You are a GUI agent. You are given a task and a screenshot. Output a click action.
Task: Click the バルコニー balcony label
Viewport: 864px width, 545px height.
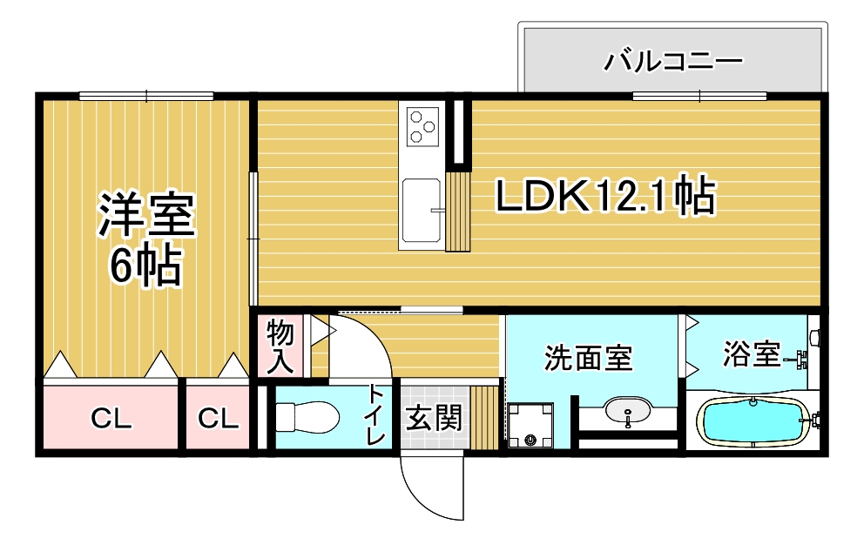pyautogui.click(x=672, y=61)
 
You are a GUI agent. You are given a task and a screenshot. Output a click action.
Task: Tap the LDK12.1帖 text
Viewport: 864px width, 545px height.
pyautogui.click(x=605, y=195)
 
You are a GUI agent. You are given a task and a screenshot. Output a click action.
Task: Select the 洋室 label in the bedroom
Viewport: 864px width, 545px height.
pyautogui.click(x=146, y=214)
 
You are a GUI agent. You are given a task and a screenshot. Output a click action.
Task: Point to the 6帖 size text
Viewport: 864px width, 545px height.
pyautogui.click(x=145, y=265)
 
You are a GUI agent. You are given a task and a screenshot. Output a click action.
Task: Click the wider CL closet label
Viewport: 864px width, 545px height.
pyautogui.click(x=111, y=419)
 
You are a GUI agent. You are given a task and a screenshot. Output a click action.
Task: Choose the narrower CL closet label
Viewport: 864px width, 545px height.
pyautogui.click(x=219, y=419)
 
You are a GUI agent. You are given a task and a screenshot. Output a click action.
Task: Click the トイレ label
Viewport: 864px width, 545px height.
pyautogui.click(x=375, y=414)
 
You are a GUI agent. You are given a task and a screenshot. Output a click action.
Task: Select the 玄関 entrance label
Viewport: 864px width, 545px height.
pyautogui.click(x=434, y=418)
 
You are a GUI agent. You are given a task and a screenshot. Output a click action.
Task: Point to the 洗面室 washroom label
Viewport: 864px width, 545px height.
pyautogui.click(x=588, y=358)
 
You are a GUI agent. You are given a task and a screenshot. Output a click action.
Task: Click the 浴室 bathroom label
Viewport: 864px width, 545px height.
pyautogui.click(x=752, y=353)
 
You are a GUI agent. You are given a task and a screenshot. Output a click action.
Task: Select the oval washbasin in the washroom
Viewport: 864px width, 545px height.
pyautogui.click(x=628, y=411)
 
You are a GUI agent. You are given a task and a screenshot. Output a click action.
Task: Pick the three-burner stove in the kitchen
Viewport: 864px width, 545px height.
pyautogui.click(x=422, y=126)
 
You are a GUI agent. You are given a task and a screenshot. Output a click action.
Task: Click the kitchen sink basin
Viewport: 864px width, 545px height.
pyautogui.click(x=422, y=210)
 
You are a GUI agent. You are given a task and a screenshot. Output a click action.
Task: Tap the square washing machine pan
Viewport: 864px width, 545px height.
pyautogui.click(x=530, y=426)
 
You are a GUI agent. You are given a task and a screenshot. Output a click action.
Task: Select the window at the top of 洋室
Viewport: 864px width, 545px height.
pyautogui.click(x=146, y=97)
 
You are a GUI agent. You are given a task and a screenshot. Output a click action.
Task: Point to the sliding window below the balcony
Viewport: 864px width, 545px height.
pyautogui.click(x=699, y=97)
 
